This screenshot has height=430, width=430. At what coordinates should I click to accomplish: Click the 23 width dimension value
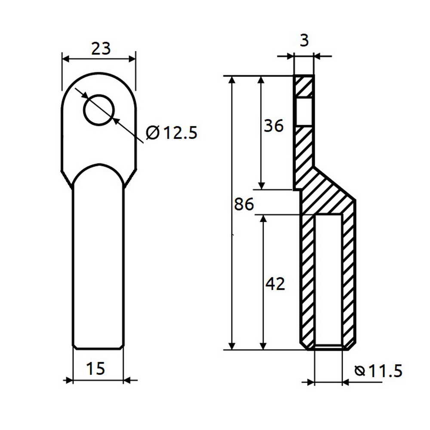(x=101, y=48)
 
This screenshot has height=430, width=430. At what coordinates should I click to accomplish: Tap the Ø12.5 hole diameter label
(x=172, y=133)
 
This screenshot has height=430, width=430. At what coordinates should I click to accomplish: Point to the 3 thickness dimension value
(x=304, y=40)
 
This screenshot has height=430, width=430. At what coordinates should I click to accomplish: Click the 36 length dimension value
(x=273, y=126)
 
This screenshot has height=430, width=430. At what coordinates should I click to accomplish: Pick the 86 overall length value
(x=244, y=204)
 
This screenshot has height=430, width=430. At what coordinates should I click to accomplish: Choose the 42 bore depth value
(x=275, y=284)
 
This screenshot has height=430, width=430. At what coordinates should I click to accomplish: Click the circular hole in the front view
(x=99, y=110)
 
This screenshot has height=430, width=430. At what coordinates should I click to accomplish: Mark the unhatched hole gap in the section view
(x=304, y=112)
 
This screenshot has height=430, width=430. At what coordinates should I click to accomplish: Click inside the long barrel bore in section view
(x=329, y=279)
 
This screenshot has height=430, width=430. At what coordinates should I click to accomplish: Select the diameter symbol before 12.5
(x=152, y=133)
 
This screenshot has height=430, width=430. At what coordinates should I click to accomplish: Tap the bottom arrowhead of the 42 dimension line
(x=264, y=346)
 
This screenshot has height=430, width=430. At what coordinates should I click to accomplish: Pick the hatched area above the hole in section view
(x=304, y=86)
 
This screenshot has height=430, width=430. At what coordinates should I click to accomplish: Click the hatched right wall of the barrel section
(x=349, y=279)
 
